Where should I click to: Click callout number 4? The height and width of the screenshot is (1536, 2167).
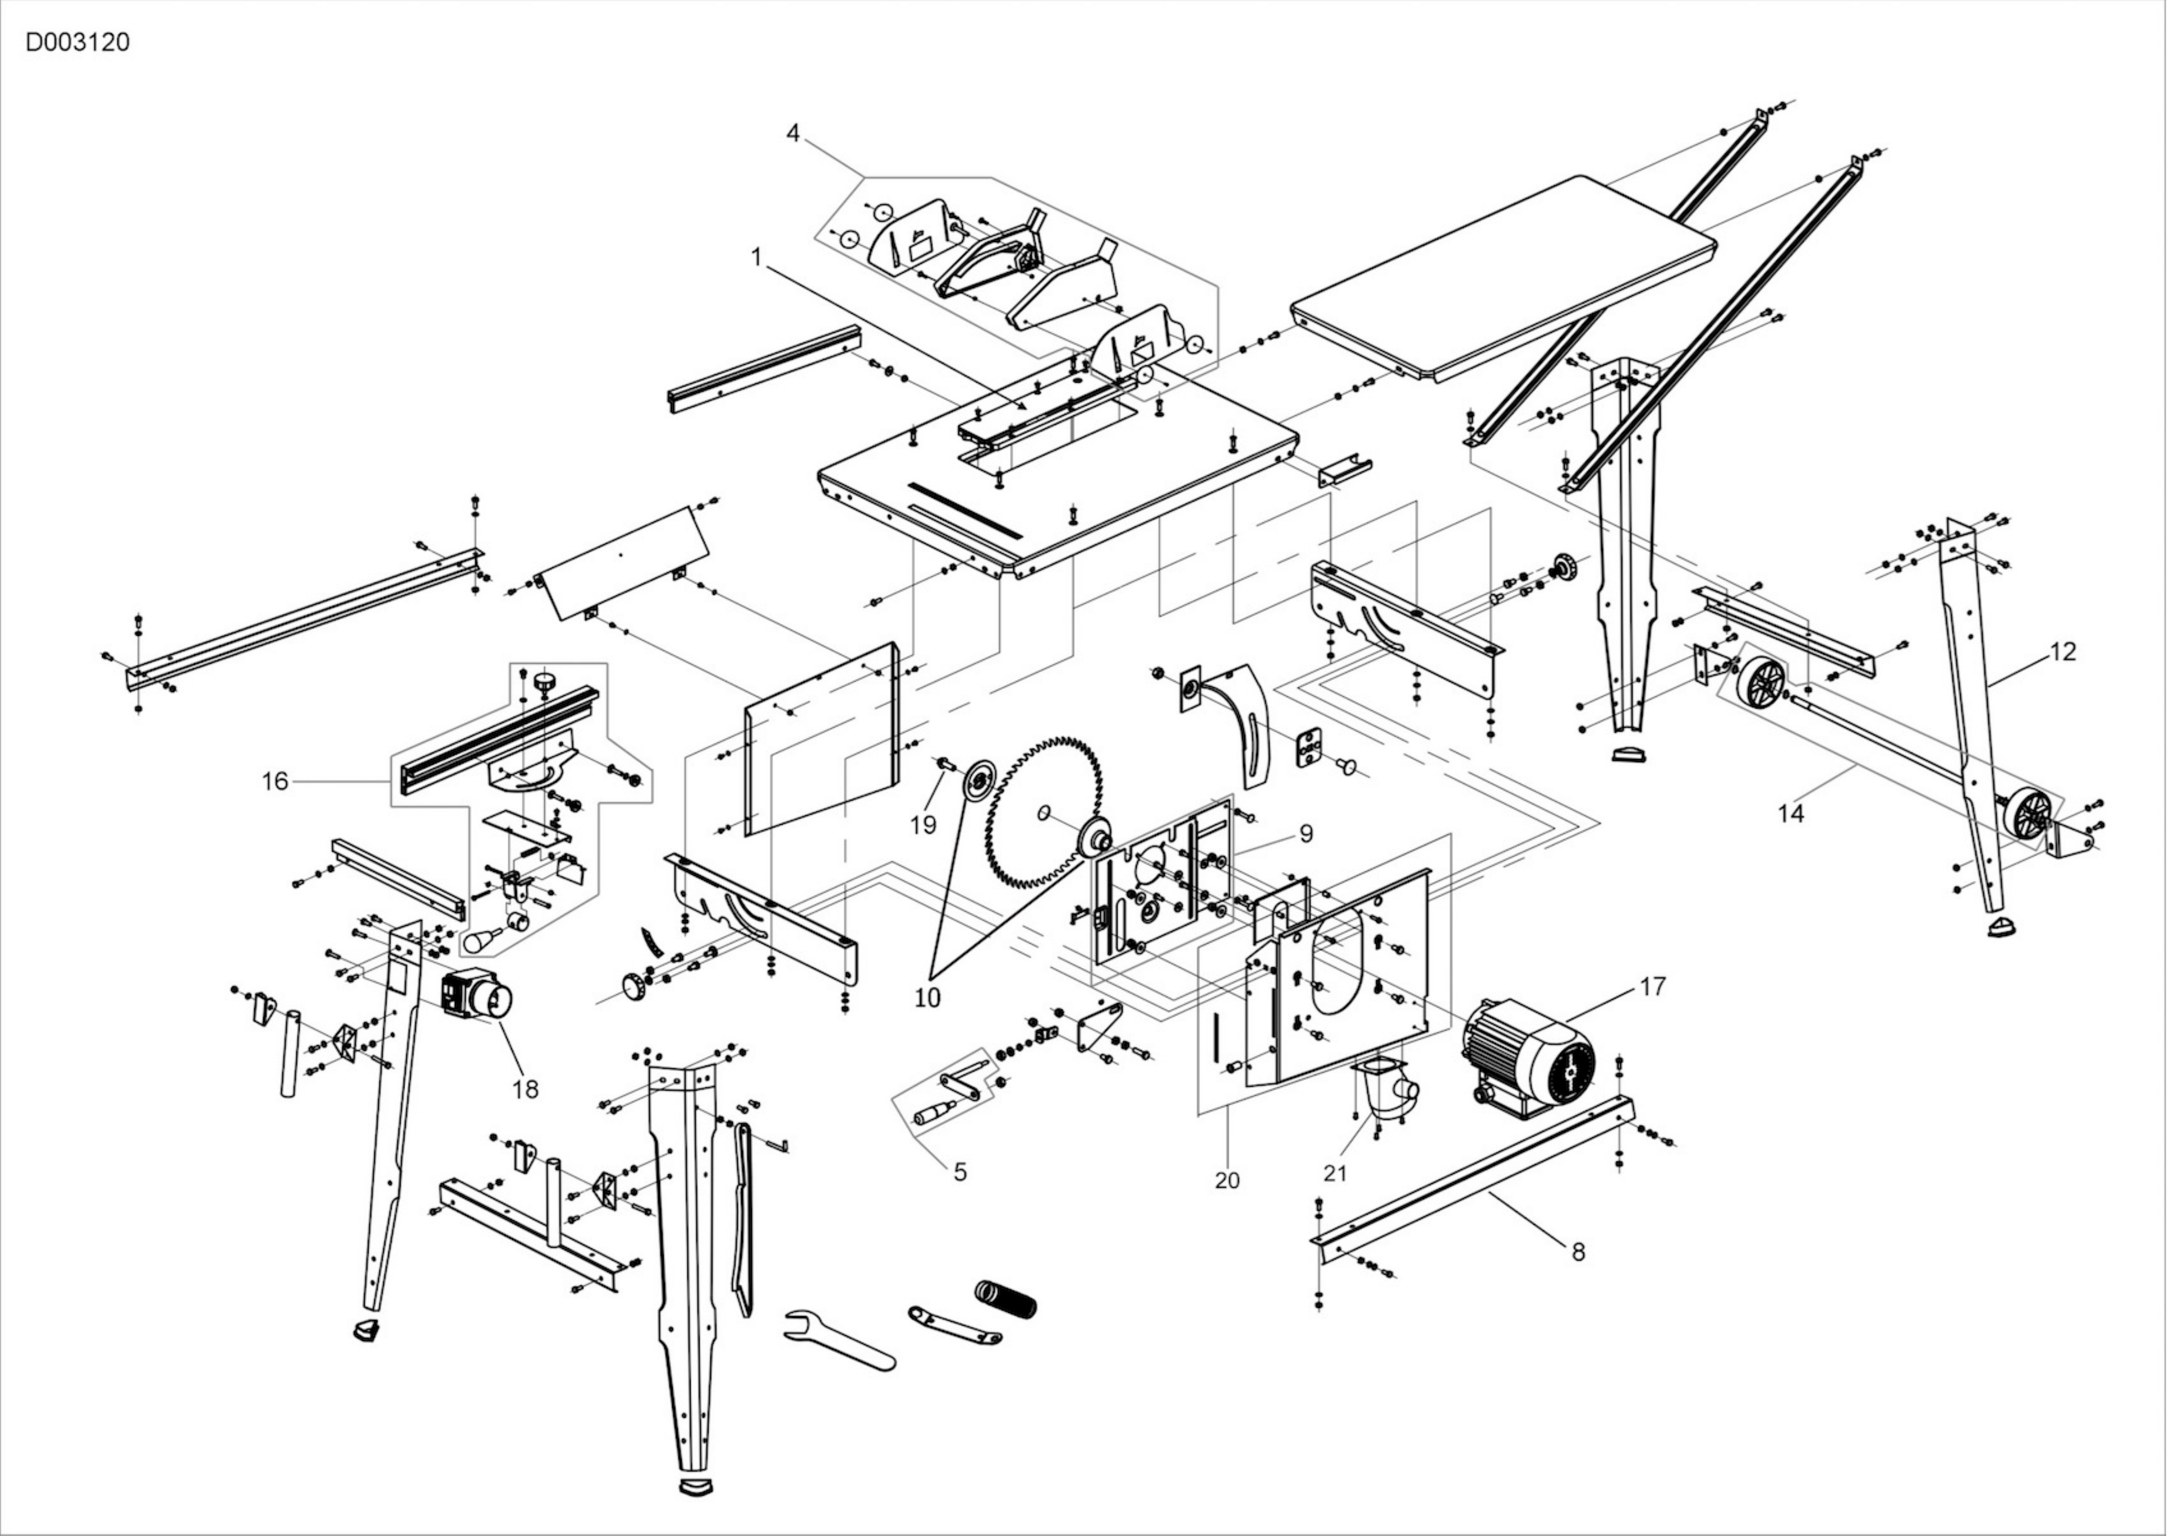793,133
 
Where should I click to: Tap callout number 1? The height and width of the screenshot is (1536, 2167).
756,257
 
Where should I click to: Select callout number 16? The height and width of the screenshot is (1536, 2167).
275,781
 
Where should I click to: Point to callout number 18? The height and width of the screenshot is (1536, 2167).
526,1090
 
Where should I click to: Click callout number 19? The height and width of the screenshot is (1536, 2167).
923,825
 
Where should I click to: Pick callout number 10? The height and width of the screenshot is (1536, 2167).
928,998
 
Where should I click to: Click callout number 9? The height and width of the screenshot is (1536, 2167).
1306,833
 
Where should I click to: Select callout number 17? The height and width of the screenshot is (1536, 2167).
1653,986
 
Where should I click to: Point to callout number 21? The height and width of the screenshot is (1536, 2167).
1335,1174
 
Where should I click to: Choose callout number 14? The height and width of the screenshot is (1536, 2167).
1791,814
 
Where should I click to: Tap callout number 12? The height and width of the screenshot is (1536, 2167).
2063,652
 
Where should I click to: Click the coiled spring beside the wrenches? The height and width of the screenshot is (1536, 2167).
1005,1299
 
